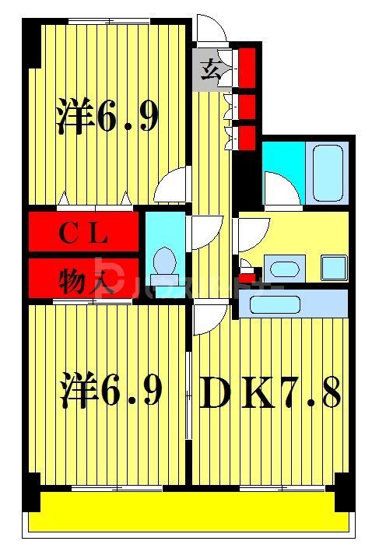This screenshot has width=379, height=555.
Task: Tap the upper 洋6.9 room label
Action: click(x=107, y=117)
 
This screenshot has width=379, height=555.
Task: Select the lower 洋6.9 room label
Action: click(x=111, y=392)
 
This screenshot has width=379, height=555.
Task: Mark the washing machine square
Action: click(x=334, y=268)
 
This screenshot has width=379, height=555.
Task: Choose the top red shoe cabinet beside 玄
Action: click(x=247, y=67)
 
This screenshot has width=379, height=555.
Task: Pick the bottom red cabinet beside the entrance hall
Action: click(x=247, y=138)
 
